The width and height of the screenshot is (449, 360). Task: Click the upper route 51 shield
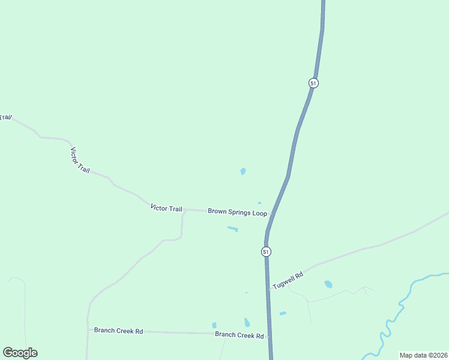coord(313,83)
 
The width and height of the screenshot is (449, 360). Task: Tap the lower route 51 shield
coord(265,251)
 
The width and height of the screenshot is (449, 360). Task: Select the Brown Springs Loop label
coord(237,211)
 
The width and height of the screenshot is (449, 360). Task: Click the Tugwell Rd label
coord(288,280)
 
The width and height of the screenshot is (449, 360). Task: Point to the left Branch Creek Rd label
coord(118,331)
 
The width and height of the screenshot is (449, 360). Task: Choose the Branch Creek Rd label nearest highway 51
coord(240,335)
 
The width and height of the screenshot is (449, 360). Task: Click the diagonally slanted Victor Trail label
coord(80,160)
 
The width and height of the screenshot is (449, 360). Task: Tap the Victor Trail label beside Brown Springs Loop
coord(166,208)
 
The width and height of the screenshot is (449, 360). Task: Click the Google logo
coord(20,353)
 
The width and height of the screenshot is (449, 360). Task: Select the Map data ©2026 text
coord(423,355)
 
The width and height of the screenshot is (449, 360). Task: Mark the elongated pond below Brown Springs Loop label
coord(232,229)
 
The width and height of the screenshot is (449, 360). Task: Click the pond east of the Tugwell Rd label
coord(328,284)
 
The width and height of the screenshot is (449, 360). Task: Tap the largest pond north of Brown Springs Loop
coord(243,172)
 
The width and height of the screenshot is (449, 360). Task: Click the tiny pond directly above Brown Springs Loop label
coord(259,203)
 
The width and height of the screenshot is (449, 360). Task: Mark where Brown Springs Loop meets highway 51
coord(272,214)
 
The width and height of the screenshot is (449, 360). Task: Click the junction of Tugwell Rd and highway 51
coord(268,290)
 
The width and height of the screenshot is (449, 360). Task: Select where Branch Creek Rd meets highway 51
coord(270,337)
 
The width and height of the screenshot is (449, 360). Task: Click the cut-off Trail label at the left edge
coord(5,118)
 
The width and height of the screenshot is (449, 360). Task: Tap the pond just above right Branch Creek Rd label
coord(247,322)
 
